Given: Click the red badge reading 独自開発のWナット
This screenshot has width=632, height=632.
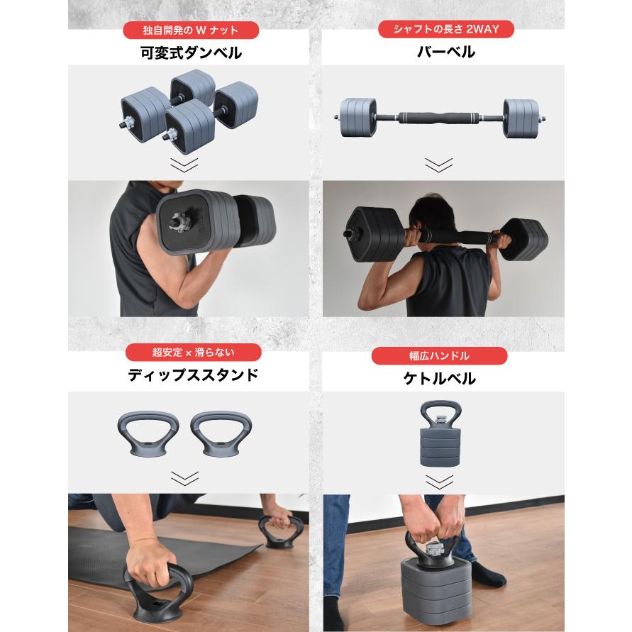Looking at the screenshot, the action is (x=191, y=31).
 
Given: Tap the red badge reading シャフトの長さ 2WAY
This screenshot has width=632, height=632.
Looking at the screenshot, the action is (x=446, y=29).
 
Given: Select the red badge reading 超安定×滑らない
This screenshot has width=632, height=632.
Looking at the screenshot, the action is (x=194, y=353).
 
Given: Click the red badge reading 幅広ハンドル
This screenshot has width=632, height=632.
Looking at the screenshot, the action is (x=439, y=356).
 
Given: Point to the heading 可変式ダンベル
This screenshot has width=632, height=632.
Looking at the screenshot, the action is (x=191, y=53).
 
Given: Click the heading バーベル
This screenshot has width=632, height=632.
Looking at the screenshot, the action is (x=446, y=52).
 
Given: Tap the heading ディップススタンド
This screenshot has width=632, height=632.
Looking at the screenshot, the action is (x=193, y=375).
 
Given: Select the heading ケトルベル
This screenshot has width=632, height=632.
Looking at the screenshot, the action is (x=439, y=379).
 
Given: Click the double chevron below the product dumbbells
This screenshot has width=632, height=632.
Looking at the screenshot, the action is (x=184, y=165).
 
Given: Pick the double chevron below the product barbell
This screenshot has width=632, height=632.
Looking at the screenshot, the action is (x=439, y=165).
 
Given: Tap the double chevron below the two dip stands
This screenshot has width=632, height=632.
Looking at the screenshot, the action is (x=184, y=479).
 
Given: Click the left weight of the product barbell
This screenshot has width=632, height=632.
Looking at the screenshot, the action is (x=357, y=117).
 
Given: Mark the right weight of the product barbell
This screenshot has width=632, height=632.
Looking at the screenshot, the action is (x=521, y=118).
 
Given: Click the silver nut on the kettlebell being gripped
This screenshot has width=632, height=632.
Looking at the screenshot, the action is (x=435, y=548).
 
